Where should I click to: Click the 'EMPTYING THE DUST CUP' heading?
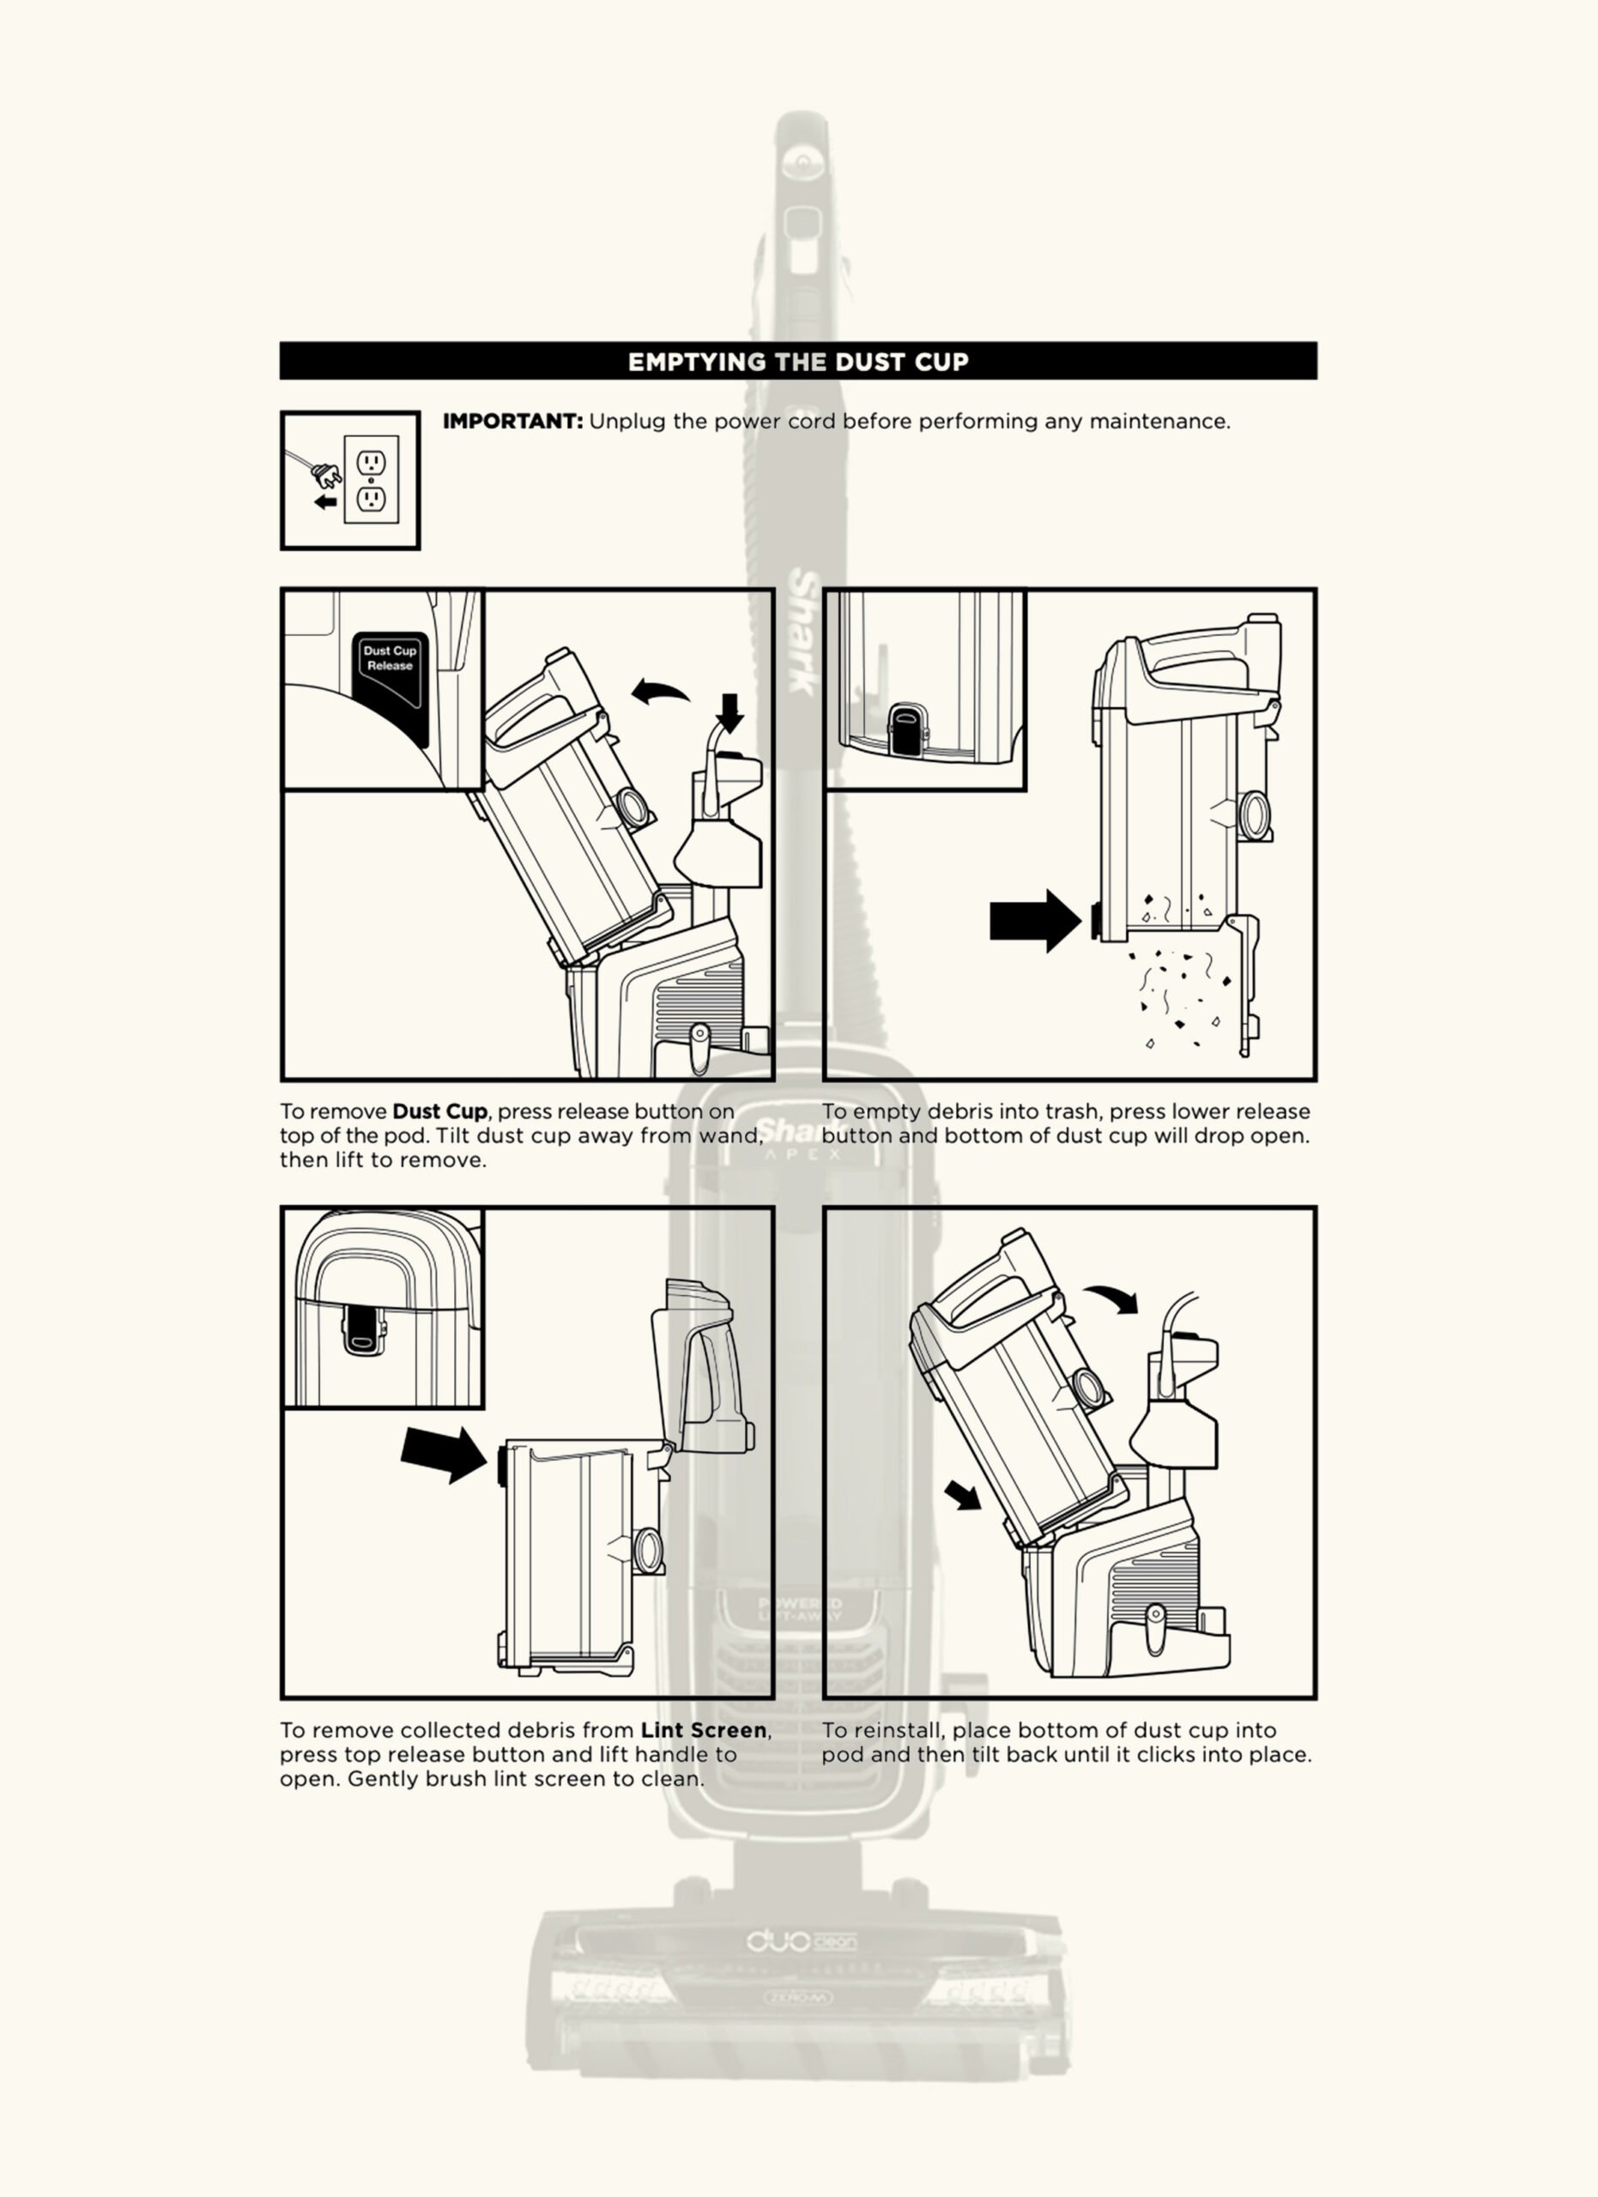[798, 362]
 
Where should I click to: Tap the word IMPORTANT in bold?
[512, 421]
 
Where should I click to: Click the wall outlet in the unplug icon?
[371, 480]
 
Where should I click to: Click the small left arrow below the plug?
[326, 502]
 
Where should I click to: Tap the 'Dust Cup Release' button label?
[390, 659]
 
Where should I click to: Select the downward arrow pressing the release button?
[731, 712]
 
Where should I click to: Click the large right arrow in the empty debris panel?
[1034, 920]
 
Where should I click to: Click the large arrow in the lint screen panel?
[445, 1453]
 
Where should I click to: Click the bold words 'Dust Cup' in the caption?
[439, 1112]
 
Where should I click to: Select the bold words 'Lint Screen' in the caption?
[703, 1731]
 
